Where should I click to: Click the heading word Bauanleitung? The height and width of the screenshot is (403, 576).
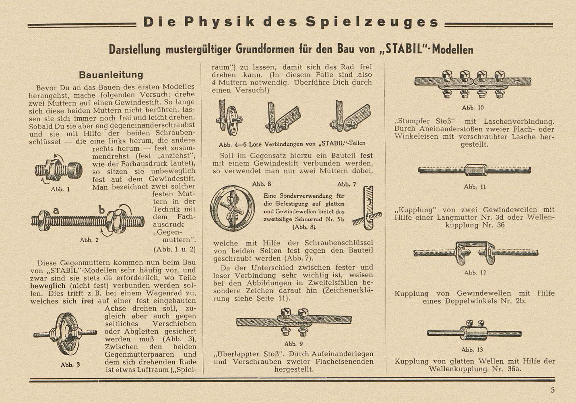pyautogui.click(x=111, y=75)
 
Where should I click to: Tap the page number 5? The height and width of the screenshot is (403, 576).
pyautogui.click(x=553, y=390)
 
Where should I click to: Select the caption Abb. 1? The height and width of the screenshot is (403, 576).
pyautogui.click(x=60, y=189)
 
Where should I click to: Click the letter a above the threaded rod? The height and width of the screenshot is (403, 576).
pyautogui.click(x=56, y=210)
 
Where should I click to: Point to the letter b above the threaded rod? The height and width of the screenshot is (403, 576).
pyautogui.click(x=102, y=210)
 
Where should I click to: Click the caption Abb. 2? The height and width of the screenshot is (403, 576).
pyautogui.click(x=89, y=240)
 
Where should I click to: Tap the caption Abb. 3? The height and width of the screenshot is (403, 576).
pyautogui.click(x=70, y=365)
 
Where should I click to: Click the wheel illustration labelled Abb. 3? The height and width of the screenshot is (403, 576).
pyautogui.click(x=66, y=333)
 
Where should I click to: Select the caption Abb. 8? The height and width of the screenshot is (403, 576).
pyautogui.click(x=262, y=184)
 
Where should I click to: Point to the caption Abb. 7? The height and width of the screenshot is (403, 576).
pyautogui.click(x=347, y=184)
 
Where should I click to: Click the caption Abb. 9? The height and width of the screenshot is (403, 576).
pyautogui.click(x=293, y=344)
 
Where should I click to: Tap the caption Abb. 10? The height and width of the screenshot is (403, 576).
pyautogui.click(x=473, y=108)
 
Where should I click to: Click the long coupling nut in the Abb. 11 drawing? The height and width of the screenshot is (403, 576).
pyautogui.click(x=475, y=170)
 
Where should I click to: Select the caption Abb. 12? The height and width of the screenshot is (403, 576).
pyautogui.click(x=475, y=272)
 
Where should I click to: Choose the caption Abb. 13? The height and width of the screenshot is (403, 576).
pyautogui.click(x=472, y=349)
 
